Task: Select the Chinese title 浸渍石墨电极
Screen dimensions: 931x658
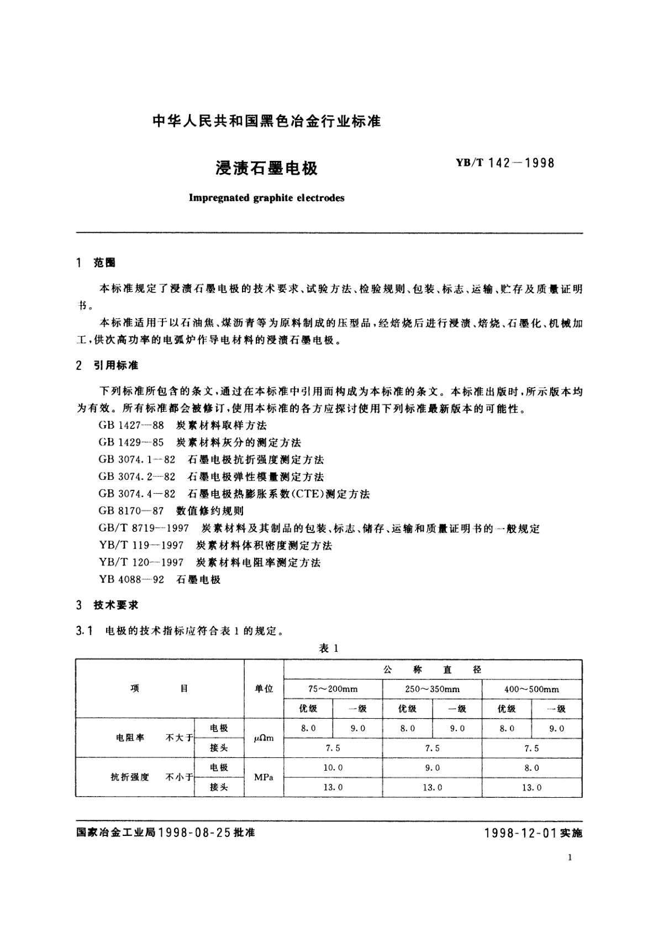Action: click(266, 168)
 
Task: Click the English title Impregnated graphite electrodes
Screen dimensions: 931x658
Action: click(266, 198)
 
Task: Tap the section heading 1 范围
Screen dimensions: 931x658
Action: click(97, 263)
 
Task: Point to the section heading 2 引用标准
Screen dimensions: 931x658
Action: click(108, 365)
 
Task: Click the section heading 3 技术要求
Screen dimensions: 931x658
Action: click(108, 605)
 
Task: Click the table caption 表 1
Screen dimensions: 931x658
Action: click(329, 648)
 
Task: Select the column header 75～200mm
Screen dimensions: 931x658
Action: click(333, 689)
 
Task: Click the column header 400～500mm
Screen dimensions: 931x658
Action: click(531, 689)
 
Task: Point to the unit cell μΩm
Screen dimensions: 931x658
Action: click(264, 738)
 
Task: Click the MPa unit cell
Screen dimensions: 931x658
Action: click(264, 777)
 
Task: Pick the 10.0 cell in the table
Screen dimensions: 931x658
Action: click(333, 767)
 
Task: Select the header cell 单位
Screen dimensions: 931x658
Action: click(264, 689)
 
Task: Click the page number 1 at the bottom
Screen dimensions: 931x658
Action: click(569, 857)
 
